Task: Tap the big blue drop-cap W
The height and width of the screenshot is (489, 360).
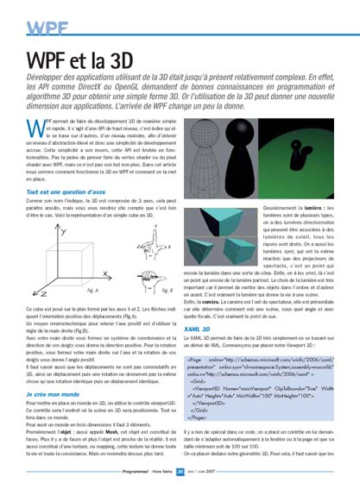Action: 36,129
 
